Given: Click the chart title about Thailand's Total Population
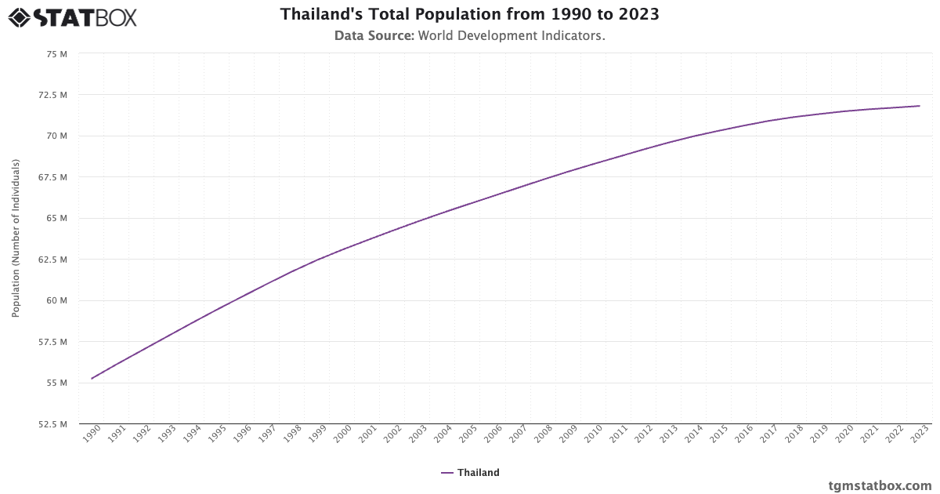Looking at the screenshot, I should click(x=469, y=15).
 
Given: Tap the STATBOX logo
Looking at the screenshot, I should click(x=72, y=16).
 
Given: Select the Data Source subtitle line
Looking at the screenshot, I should click(x=469, y=36).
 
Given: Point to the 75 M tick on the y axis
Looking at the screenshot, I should click(x=57, y=53).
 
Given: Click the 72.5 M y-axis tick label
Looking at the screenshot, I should click(x=53, y=95).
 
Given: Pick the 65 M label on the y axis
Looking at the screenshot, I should click(x=57, y=218).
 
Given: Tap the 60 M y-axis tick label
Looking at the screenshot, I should click(x=57, y=300).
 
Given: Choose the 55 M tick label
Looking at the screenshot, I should click(x=57, y=383).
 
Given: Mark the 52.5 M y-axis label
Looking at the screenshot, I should click(x=53, y=424).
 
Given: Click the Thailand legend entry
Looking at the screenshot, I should click(x=470, y=473).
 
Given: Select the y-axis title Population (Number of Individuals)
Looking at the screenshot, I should click(x=16, y=238).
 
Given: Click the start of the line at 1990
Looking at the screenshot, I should click(x=92, y=379).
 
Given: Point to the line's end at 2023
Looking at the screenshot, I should click(x=920, y=106).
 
